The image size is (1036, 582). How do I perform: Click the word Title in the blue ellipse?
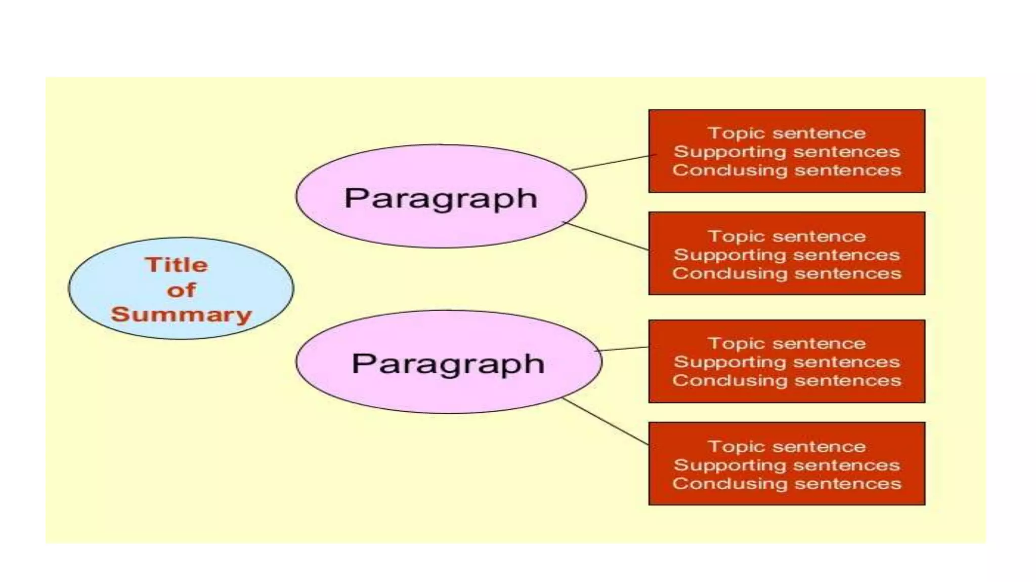coord(176,265)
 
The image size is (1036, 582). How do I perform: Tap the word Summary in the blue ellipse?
coord(181,314)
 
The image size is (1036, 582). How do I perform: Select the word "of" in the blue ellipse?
coord(181,290)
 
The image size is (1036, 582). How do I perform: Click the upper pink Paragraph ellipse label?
coord(440,198)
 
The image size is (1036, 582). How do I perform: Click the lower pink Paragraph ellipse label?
coord(448,364)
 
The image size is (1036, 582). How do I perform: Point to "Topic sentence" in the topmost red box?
coord(787,133)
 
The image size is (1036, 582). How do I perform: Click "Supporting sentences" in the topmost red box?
coord(787,152)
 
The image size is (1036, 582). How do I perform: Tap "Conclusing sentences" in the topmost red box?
coord(787,170)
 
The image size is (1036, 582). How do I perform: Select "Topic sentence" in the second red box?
coord(787,236)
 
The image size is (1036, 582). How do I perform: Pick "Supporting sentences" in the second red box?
coord(787,255)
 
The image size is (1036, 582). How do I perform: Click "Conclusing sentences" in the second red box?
coord(787,273)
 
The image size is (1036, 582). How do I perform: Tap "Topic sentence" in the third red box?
coord(787,344)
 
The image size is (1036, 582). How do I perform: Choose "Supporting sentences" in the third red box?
coord(787,362)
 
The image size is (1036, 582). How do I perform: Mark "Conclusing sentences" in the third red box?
coord(787,380)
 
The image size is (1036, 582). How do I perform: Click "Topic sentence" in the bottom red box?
coord(787,447)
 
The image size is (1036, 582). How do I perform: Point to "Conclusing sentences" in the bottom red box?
coord(787,483)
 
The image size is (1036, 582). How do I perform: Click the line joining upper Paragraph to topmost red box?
coord(611,163)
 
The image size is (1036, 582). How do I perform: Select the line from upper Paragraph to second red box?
coord(606,236)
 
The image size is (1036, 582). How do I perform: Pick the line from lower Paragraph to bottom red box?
coord(606,422)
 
